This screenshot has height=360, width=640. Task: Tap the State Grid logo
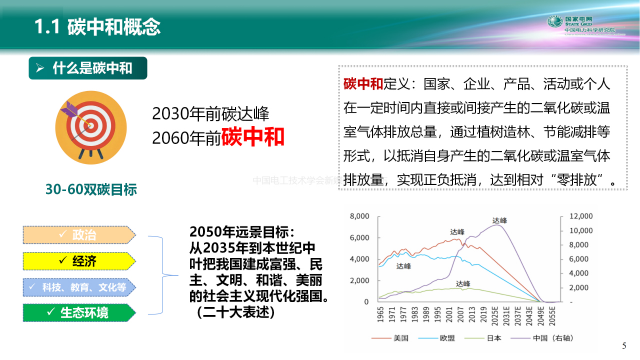pyautogui.click(x=555, y=21)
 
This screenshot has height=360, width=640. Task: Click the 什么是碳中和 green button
pyautogui.click(x=88, y=68)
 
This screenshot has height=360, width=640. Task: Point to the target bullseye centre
pyautogui.click(x=91, y=126)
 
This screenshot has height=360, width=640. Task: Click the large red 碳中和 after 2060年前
pyautogui.click(x=252, y=137)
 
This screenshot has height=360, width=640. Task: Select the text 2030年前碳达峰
pyautogui.click(x=210, y=114)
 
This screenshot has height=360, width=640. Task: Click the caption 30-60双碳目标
pyautogui.click(x=91, y=189)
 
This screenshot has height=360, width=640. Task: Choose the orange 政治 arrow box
pyautogui.click(x=79, y=235)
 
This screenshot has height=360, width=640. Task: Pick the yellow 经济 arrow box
pyautogui.click(x=79, y=261)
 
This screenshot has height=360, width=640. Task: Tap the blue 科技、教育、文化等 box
pyautogui.click(x=79, y=287)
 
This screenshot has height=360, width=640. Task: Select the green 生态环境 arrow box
pyautogui.click(x=79, y=313)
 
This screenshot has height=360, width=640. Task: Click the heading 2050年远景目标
pyautogui.click(x=242, y=232)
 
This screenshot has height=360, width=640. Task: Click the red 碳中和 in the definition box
pyautogui.click(x=363, y=84)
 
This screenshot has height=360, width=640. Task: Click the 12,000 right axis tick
pyautogui.click(x=581, y=216)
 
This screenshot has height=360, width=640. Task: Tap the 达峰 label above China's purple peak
pyautogui.click(x=499, y=220)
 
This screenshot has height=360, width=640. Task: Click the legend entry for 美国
pyautogui.click(x=401, y=338)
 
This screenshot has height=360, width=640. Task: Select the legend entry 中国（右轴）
pyautogui.click(x=553, y=338)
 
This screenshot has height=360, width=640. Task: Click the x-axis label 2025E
pyautogui.click(x=495, y=316)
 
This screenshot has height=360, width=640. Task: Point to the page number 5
pyautogui.click(x=624, y=346)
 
